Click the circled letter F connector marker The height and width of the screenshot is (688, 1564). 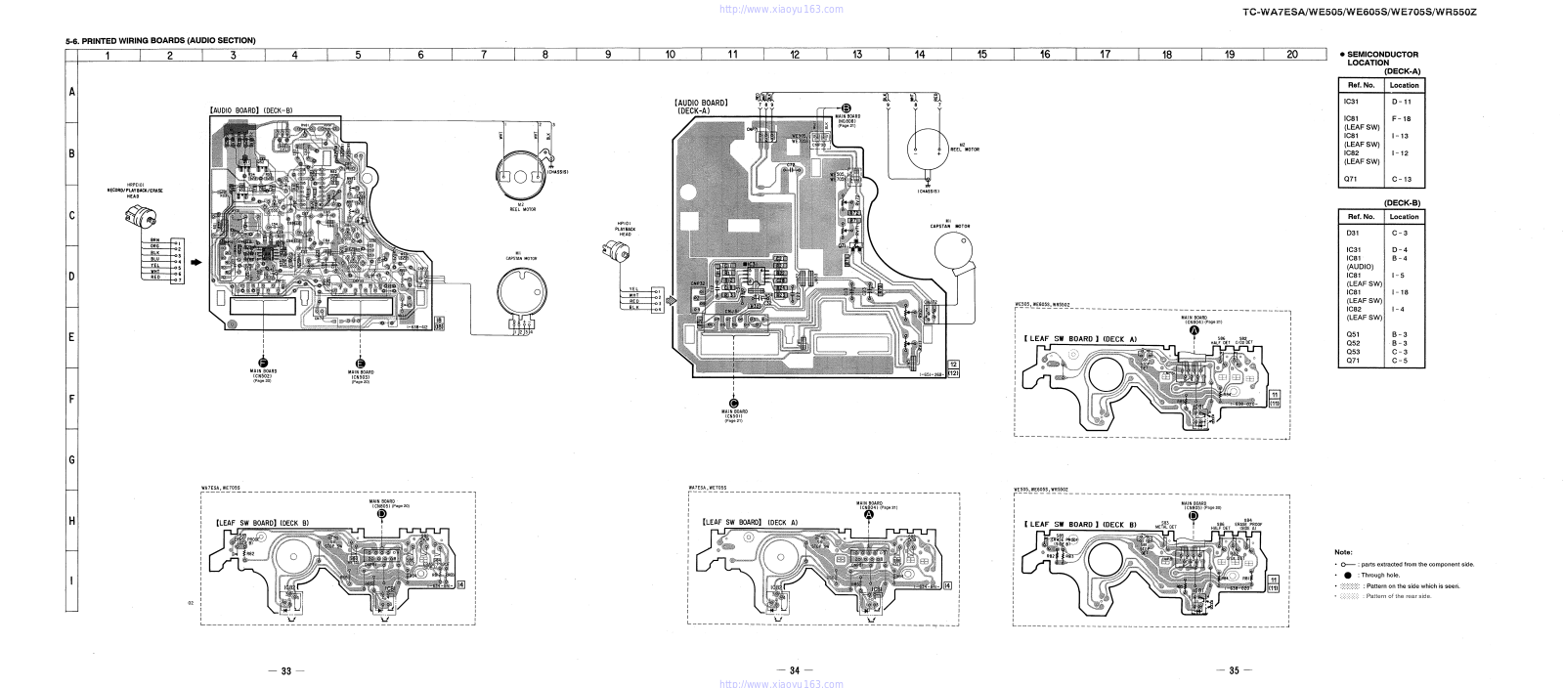click(x=263, y=363)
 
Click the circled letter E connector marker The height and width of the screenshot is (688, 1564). click(x=361, y=363)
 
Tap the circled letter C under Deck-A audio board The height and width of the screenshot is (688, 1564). click(x=733, y=402)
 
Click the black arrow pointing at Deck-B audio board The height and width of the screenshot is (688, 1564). click(x=195, y=262)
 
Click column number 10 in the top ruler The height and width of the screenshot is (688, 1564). click(x=670, y=55)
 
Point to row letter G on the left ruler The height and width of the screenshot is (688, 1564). click(x=71, y=459)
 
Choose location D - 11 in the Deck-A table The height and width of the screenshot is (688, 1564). click(x=1404, y=101)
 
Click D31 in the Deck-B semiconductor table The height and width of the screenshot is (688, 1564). click(x=1354, y=234)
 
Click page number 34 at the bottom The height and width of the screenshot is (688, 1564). click(x=794, y=670)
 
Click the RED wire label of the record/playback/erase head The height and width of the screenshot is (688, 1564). click(x=154, y=277)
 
